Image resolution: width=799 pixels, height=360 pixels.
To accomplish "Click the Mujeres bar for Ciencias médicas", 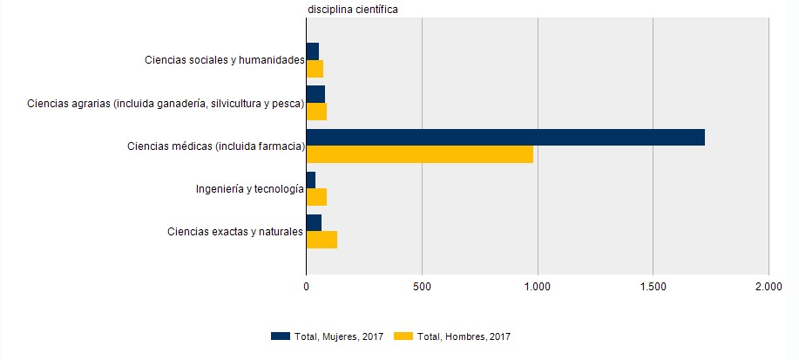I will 505,137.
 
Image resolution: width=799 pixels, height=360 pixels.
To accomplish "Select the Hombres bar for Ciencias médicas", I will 420,154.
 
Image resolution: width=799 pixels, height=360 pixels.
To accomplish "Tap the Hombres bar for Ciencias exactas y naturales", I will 322,240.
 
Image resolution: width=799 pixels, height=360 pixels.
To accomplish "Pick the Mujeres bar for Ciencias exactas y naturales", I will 314,223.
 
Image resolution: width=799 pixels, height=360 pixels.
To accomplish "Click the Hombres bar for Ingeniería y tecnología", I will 316,197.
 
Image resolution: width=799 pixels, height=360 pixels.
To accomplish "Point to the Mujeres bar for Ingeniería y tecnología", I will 311,180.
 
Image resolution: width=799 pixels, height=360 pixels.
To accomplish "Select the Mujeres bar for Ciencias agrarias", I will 315,94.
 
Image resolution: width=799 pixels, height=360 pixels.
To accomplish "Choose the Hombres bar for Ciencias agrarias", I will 316,112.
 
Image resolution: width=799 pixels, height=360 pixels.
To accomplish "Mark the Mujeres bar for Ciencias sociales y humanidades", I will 313,51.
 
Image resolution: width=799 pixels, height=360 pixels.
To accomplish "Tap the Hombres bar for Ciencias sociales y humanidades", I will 315,69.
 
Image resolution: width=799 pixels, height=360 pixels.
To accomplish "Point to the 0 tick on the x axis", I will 307,285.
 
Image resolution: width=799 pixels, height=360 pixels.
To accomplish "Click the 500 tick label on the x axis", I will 422,285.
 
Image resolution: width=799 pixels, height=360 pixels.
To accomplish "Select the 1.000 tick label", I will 538,285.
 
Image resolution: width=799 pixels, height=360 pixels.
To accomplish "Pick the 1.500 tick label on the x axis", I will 653,285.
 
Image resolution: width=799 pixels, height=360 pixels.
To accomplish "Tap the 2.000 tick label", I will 769,285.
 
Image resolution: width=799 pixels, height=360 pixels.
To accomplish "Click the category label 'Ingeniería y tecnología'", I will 249,189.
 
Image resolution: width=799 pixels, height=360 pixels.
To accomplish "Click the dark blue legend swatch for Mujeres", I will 280,336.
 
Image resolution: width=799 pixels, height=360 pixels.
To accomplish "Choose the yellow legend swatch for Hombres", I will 403,336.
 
